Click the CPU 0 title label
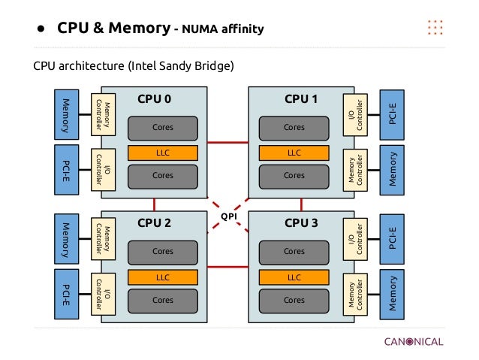coord(154,98)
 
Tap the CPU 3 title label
coord(301,222)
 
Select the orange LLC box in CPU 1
coord(294,153)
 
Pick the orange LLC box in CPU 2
coord(163,277)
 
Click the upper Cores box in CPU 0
coord(163,128)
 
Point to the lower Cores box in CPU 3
coord(294,299)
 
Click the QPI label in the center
coord(228,216)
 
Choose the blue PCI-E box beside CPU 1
coord(393,114)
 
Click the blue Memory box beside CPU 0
coord(65,114)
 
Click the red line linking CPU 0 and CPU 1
coord(228,142)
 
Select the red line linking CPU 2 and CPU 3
coord(228,266)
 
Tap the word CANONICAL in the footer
coord(414,342)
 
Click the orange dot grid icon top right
coord(435,28)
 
